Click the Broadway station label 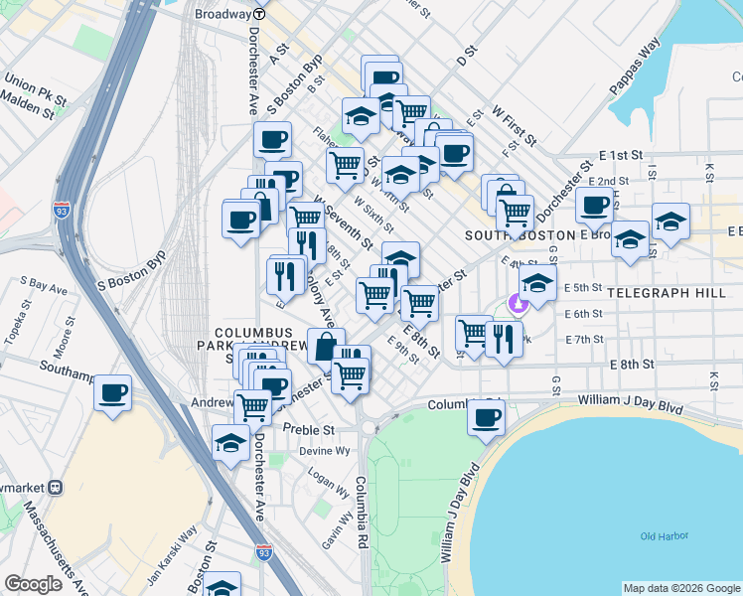223,14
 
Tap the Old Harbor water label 665,536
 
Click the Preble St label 308,429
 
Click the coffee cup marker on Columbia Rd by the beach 487,417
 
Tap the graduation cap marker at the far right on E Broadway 670,222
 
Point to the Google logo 33,584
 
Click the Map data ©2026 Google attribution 681,588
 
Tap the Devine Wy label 329,451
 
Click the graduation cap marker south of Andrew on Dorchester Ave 229,443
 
